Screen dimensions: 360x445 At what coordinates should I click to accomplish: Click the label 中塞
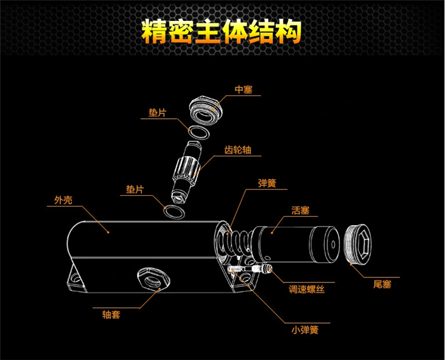[244, 90]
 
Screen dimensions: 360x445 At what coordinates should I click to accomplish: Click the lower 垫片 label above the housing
[134, 189]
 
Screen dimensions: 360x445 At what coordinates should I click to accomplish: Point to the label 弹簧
[267, 183]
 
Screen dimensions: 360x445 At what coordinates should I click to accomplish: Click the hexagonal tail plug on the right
[360, 244]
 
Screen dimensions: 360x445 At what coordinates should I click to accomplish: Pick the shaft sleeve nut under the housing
[151, 278]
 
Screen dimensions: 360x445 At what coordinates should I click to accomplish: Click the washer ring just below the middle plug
[197, 133]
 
